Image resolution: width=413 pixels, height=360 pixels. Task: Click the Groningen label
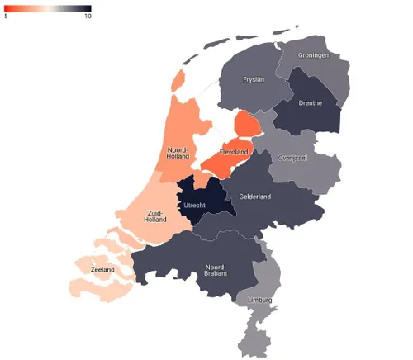pos(314,55)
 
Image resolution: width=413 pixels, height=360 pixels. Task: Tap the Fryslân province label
pos(252,80)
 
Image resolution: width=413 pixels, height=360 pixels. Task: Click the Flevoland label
pos(234,153)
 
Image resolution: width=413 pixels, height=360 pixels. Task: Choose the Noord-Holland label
pos(178,152)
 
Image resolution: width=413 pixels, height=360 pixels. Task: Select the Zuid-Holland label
pos(154,216)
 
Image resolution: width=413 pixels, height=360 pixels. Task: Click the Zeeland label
pos(102,270)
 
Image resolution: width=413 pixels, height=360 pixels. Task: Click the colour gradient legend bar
pos(47,9)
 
